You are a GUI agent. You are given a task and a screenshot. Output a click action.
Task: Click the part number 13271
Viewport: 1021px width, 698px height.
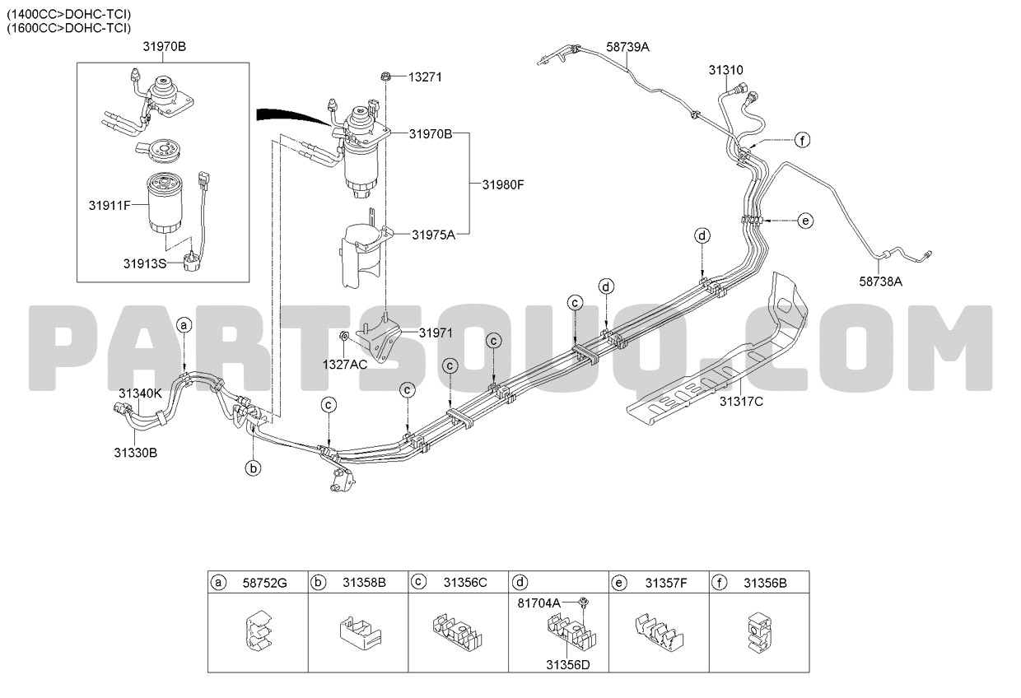pos(425,77)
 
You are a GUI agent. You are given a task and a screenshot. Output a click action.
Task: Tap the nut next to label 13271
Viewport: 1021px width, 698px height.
pos(385,77)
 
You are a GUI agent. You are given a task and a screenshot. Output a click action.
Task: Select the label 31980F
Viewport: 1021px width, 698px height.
pos(503,184)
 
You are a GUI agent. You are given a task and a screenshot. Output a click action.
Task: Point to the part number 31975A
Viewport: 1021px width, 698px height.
pos(433,235)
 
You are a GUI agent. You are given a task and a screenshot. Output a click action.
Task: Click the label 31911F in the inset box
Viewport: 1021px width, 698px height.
pos(110,206)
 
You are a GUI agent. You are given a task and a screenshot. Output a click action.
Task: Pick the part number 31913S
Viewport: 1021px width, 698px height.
pos(145,263)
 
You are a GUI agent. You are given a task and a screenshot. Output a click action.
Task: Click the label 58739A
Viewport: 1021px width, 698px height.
pos(627,47)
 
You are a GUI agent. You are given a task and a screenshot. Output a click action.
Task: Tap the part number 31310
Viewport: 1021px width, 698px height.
pos(725,70)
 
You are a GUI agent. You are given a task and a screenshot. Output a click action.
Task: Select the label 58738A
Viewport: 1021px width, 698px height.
pos(881,282)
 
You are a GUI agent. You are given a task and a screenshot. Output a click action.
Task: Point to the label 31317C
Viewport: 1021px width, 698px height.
pos(741,402)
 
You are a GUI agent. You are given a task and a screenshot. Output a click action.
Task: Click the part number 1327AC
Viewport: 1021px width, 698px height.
pos(344,365)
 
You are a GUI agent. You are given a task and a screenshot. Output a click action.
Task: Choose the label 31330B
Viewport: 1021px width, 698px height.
pos(135,453)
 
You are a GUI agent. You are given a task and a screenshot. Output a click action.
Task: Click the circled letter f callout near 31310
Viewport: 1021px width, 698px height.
pos(802,140)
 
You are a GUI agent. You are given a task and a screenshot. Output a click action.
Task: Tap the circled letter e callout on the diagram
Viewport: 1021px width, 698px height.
pos(805,221)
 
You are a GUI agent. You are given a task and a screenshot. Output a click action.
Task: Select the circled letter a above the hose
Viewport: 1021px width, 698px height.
pos(184,325)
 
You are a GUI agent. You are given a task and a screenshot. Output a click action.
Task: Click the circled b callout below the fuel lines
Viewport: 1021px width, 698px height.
pos(253,468)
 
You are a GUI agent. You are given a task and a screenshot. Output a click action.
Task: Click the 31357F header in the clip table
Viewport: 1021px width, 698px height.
pos(666,584)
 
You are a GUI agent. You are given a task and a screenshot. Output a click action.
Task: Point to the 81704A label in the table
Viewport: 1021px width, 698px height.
pos(538,603)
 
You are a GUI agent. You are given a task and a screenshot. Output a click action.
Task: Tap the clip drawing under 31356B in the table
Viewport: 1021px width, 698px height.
pos(759,632)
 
